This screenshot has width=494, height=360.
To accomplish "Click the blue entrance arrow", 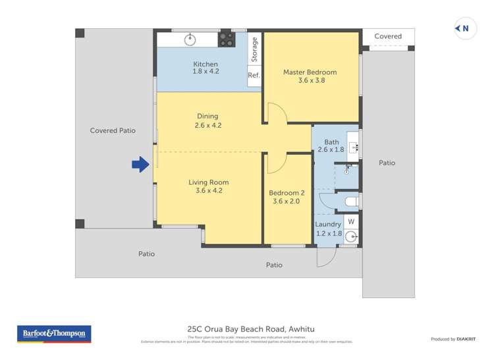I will click(x=140, y=165).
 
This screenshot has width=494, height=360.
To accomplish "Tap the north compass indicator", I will click(x=465, y=28).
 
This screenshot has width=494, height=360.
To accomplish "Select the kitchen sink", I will click(x=191, y=39).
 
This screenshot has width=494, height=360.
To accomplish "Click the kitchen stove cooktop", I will click(x=227, y=39).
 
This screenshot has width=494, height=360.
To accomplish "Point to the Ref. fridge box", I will click(x=254, y=75).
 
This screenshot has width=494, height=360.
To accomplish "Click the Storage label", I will click(x=254, y=49).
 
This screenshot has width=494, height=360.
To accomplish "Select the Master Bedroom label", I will click(x=310, y=72).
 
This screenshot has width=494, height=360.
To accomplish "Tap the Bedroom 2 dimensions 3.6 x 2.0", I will click(x=287, y=201).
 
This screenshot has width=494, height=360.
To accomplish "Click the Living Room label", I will click(x=208, y=182).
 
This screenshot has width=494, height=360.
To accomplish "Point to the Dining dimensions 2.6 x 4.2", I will click(x=207, y=125).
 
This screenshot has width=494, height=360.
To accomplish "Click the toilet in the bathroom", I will click(x=350, y=199).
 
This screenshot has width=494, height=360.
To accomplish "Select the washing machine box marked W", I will click(x=351, y=221).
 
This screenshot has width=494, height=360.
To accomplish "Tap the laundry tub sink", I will click(x=352, y=236).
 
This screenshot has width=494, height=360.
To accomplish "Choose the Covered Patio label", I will click(x=113, y=130).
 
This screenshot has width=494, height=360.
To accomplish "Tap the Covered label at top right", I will click(x=388, y=36).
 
